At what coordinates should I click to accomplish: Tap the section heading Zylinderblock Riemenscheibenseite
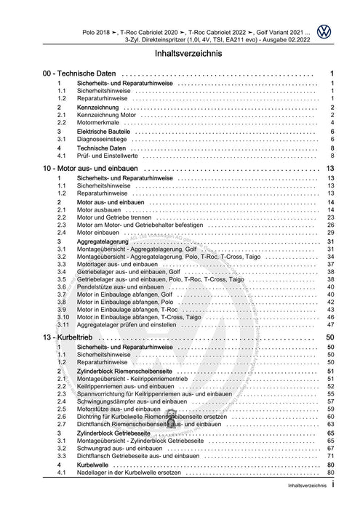(135, 371)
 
